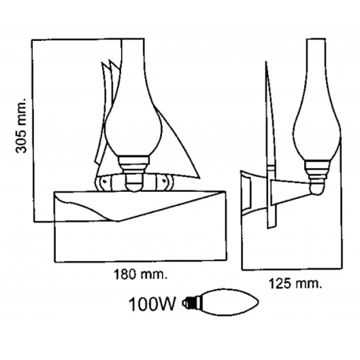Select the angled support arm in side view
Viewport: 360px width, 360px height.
[295, 189]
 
